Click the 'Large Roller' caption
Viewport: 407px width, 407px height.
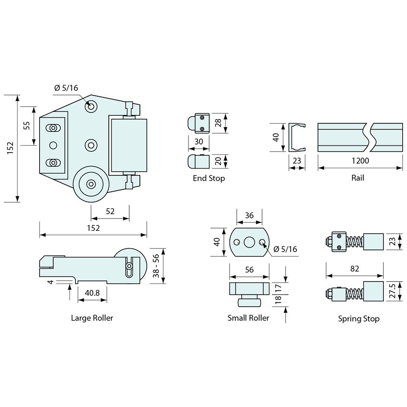[92, 318]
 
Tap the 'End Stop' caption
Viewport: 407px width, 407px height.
[209, 178]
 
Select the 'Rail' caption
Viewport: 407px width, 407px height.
[358, 178]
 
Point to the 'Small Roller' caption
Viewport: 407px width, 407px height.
[248, 318]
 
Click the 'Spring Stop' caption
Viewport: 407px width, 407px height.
[359, 319]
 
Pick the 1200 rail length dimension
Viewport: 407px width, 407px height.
[360, 161]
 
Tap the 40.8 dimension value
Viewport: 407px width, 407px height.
[92, 293]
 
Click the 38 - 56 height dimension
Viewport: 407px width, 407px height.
[156, 266]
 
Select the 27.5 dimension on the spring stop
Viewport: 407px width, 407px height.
[393, 291]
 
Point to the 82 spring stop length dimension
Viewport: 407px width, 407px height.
[354, 269]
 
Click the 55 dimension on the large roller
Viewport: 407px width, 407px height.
[27, 126]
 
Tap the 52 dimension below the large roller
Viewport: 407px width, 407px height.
[110, 212]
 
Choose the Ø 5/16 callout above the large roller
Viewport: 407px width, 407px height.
[66, 88]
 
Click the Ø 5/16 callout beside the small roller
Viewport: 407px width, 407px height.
[285, 249]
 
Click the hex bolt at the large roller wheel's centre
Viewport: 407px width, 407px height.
[91, 185]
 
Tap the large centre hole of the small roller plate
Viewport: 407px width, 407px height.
[249, 242]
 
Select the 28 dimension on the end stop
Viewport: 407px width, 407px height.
[218, 123]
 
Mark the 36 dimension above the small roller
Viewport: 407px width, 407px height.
[249, 215]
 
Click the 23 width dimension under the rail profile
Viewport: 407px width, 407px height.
[297, 161]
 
